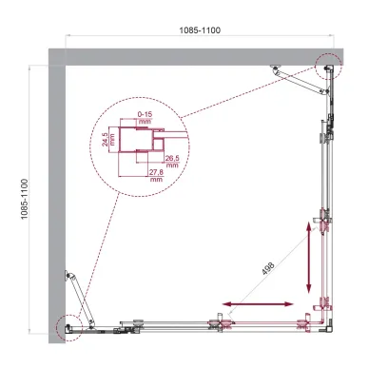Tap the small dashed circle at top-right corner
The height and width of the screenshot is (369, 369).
tap(326, 67)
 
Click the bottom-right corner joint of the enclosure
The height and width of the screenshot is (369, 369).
tap(327, 326)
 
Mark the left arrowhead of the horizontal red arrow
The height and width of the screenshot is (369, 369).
tap(226, 304)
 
